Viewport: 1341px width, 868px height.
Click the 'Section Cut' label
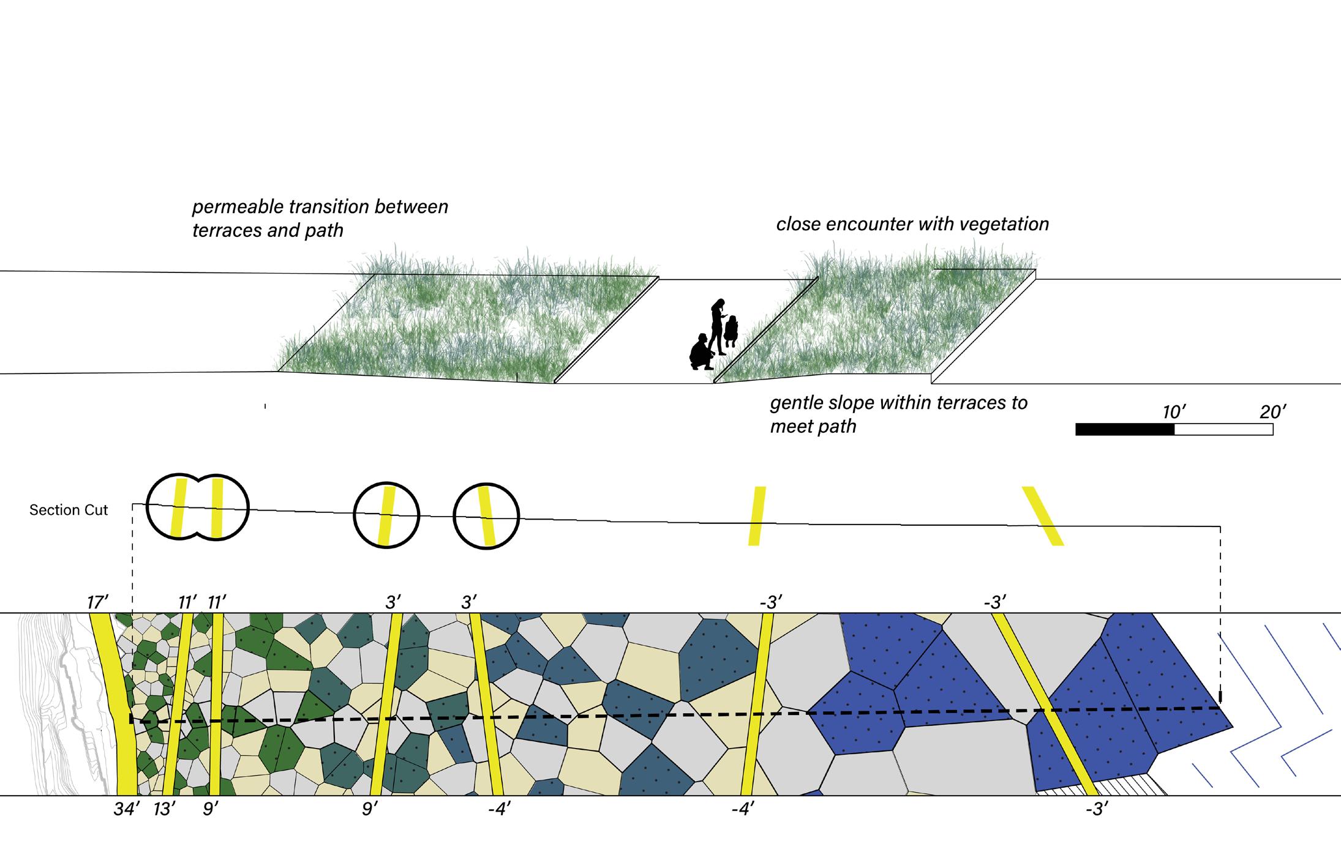coord(69,510)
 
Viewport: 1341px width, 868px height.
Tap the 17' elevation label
coord(97,602)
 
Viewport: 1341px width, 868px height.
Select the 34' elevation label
coord(127,809)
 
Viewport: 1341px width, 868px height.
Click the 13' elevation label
coord(165,809)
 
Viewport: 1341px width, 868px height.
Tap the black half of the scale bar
coord(1124,430)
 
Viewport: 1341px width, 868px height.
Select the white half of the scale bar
coord(1223,430)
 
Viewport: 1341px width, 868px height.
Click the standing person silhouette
coord(717,325)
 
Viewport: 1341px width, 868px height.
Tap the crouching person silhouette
coord(701,353)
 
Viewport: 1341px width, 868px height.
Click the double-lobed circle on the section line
coord(197,507)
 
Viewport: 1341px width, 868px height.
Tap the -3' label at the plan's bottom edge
coord(1097,809)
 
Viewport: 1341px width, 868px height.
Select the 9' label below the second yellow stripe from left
coord(211,809)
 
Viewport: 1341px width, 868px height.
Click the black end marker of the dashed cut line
coord(1220,697)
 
